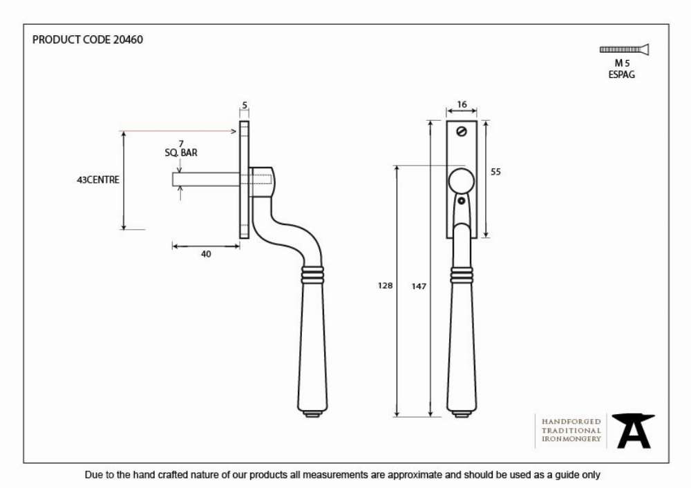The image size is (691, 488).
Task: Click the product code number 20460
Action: (x=129, y=39)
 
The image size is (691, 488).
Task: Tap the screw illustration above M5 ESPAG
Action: (x=624, y=49)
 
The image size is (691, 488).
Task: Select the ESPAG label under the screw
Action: (x=622, y=75)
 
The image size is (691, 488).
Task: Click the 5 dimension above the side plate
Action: (x=245, y=105)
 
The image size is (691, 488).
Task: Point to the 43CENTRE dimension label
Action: (x=98, y=179)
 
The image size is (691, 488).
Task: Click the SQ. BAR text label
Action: (x=181, y=153)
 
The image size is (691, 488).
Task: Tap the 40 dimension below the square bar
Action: (x=206, y=254)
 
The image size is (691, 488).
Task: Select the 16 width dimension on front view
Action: (x=462, y=104)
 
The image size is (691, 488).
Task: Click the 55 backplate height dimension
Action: (x=495, y=172)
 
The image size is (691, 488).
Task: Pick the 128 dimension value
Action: (x=385, y=286)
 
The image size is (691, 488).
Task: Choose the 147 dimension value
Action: (x=419, y=286)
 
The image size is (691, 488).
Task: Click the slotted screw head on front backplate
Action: (x=462, y=131)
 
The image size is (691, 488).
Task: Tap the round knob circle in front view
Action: (x=462, y=181)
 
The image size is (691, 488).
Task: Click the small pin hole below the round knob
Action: (x=462, y=201)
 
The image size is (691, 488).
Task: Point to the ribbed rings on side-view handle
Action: (x=312, y=275)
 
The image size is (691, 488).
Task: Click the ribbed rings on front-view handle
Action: (x=462, y=275)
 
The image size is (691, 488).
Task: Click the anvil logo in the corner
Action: (x=633, y=431)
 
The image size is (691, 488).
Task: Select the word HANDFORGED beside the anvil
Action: (x=571, y=422)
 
